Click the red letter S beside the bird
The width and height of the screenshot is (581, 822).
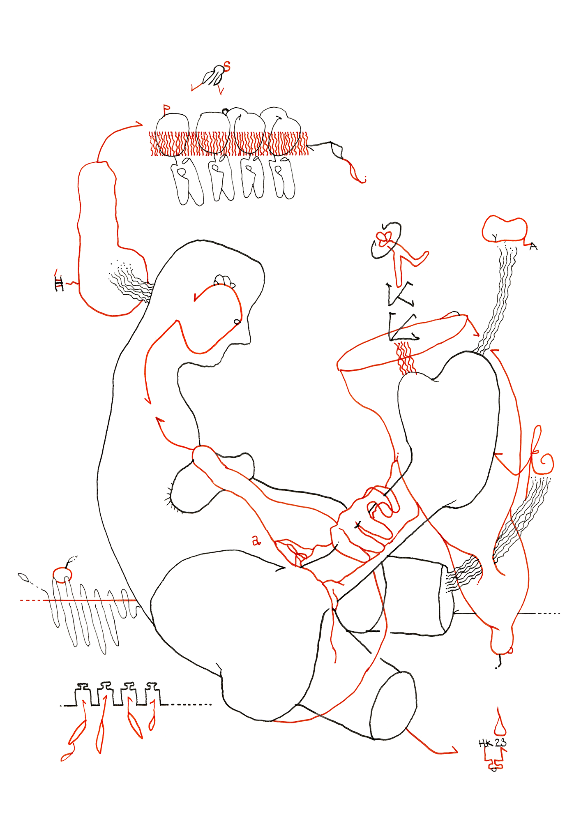pyautogui.click(x=227, y=66)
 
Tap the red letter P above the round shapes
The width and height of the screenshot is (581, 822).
pyautogui.click(x=166, y=109)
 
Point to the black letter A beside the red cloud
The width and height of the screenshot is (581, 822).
pyautogui.click(x=533, y=246)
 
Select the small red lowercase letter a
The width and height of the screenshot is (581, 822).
pyautogui.click(x=256, y=541)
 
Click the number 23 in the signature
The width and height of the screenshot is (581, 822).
pyautogui.click(x=500, y=743)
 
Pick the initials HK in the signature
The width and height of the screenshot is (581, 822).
pyautogui.click(x=486, y=743)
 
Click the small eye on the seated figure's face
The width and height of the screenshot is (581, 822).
pyautogui.click(x=237, y=321)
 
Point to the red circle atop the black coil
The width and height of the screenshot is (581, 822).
pyautogui.click(x=62, y=574)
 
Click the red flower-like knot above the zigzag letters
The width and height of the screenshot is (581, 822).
pyautogui.click(x=383, y=238)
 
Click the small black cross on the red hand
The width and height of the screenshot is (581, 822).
pyautogui.click(x=357, y=524)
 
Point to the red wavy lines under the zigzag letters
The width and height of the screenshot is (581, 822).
pyautogui.click(x=404, y=358)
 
